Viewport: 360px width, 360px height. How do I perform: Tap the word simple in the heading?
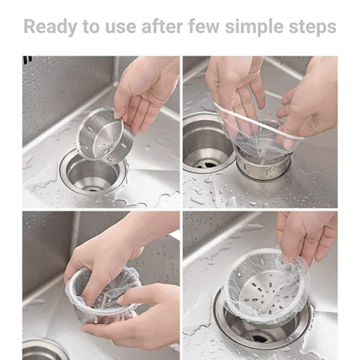(x=253, y=27)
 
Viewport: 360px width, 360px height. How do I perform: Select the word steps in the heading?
(x=313, y=27)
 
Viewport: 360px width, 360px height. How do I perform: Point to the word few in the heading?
(x=204, y=26)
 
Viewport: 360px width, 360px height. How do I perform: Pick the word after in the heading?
(x=162, y=26)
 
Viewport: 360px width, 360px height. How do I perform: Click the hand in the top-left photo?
(x=146, y=91)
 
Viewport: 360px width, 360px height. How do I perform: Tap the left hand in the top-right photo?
(x=235, y=92)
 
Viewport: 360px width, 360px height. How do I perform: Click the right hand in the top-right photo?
(x=310, y=100)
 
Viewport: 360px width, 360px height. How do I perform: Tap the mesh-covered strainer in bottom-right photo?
(x=266, y=287)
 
